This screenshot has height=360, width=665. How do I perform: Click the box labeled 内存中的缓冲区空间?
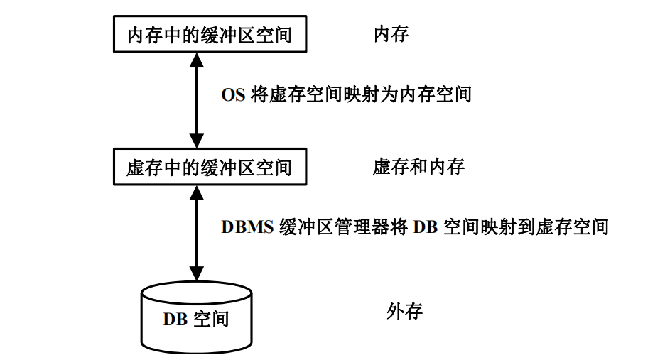click(210, 33)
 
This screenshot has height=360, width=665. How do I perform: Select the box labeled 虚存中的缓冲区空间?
click(210, 167)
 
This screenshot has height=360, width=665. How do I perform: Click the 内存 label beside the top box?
click(391, 33)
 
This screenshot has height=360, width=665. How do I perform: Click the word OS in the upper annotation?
click(233, 94)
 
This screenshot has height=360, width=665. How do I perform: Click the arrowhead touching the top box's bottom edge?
click(196, 60)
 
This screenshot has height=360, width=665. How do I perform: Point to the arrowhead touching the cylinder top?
click(196, 273)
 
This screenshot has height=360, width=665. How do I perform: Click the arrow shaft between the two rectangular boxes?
click(196, 100)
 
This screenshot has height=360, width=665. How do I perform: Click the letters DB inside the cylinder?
click(175, 319)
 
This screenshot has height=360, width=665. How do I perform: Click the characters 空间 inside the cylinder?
click(211, 319)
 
